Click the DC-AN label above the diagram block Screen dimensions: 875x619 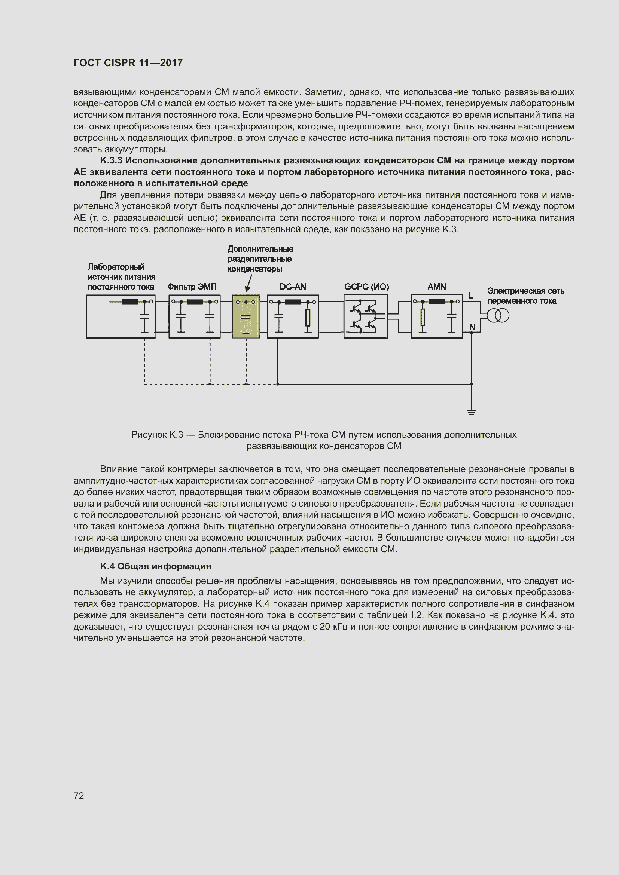tap(293, 287)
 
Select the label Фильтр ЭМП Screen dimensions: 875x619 tap(192, 287)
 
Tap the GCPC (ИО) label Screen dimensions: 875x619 tap(367, 287)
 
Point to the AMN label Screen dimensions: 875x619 tap(436, 287)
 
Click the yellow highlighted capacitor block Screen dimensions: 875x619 tap(246, 316)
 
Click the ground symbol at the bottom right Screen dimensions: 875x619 tap(472, 412)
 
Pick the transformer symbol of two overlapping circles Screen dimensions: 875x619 tap(498, 316)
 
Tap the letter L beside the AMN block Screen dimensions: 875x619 tap(470, 296)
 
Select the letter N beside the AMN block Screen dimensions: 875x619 tap(472, 327)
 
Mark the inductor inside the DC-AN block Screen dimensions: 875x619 tap(293, 302)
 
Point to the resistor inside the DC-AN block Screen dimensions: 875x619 tap(308, 318)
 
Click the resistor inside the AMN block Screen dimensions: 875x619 tap(422, 318)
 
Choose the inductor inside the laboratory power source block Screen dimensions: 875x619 tap(129, 302)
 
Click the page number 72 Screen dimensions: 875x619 tap(79, 795)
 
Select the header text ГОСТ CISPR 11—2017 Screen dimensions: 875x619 tap(128, 63)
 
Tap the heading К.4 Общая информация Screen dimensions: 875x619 tap(156, 566)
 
